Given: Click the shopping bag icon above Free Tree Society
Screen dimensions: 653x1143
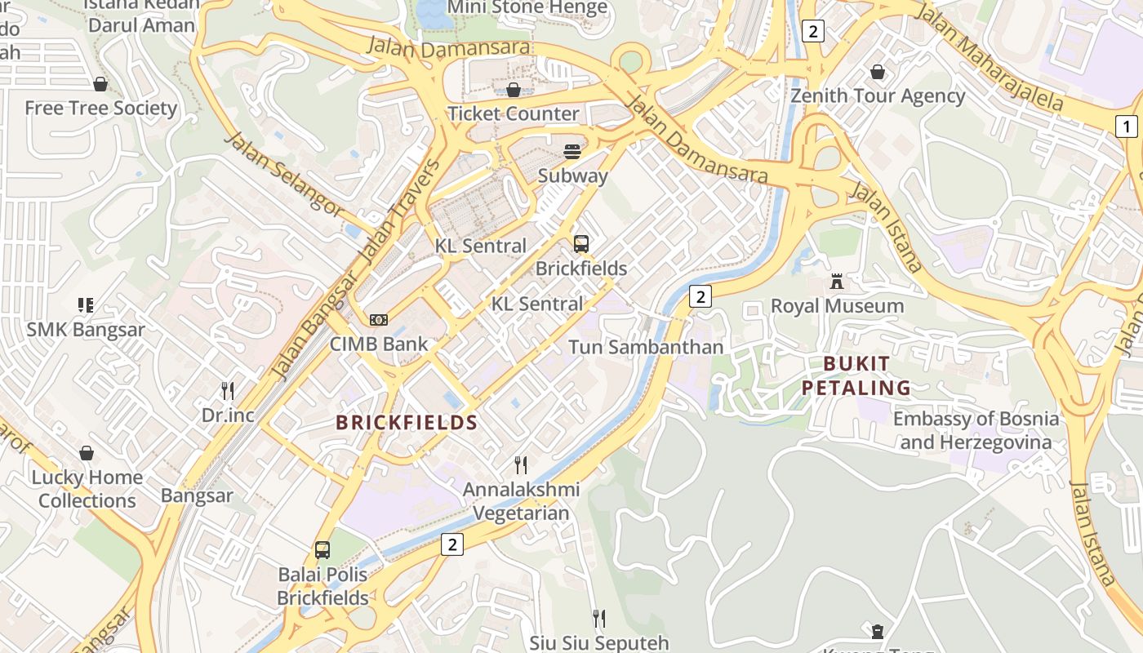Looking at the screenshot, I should [x=100, y=84].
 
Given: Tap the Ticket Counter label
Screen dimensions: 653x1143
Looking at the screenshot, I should [x=514, y=113].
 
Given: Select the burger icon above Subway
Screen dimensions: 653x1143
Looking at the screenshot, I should [x=572, y=152].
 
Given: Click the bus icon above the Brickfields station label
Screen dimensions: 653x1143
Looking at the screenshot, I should [x=580, y=243].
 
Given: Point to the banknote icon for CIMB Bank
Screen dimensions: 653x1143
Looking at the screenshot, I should [x=378, y=320].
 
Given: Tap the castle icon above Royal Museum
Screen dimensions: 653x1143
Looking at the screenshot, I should [x=836, y=282].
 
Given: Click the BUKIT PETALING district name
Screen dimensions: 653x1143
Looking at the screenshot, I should [x=856, y=375].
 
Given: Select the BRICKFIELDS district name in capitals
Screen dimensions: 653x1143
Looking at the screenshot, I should [x=407, y=422].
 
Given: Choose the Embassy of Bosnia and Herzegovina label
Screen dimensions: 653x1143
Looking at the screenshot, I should [x=976, y=431].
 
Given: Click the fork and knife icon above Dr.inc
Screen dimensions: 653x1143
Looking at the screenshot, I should [x=228, y=391].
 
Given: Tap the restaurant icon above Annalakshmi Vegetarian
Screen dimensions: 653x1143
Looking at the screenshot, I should [x=520, y=465].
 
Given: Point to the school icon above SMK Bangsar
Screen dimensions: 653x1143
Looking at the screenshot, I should [x=86, y=305].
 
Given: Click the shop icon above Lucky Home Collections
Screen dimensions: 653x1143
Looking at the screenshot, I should [x=87, y=453].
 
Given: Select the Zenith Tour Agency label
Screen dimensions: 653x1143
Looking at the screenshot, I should [x=878, y=96].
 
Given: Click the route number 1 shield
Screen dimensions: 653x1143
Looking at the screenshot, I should [x=1126, y=127].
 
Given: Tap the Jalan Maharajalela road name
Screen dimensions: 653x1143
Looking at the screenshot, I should [x=990, y=57].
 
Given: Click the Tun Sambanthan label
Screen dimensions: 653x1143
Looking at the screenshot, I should [x=646, y=347].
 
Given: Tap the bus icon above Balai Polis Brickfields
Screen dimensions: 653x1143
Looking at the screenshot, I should [x=322, y=550].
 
